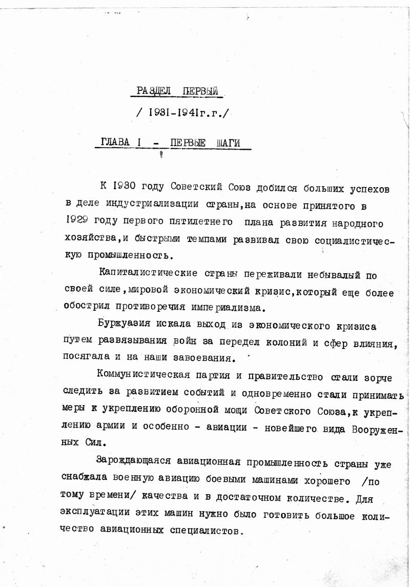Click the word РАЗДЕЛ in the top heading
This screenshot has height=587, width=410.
click(x=154, y=91)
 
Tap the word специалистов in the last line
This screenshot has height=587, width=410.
click(x=210, y=532)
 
